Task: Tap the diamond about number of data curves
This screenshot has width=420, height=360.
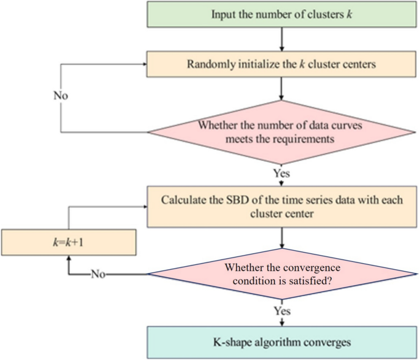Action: point(281,132)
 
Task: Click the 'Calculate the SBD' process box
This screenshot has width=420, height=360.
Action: point(281,207)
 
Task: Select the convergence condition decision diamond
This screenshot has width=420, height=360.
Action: point(281,274)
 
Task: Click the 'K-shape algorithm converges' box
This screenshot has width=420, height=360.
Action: point(281,341)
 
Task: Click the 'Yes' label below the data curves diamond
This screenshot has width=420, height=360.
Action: point(281,173)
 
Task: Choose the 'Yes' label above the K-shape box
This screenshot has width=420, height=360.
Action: point(281,312)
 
